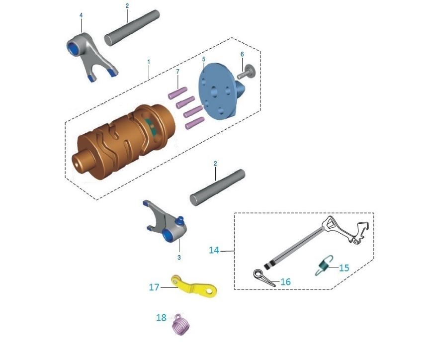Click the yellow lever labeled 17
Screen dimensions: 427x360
click(x=194, y=287)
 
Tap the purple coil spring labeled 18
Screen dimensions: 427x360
click(x=181, y=325)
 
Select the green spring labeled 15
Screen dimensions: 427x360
click(x=324, y=265)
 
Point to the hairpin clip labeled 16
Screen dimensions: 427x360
click(x=264, y=278)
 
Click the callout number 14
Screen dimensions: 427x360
click(x=214, y=250)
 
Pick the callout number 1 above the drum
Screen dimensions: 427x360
click(x=149, y=62)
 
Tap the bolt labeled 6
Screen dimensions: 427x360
click(x=246, y=72)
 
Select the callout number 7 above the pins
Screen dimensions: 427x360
click(x=178, y=71)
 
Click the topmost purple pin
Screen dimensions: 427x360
click(x=177, y=93)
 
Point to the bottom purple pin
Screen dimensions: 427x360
click(x=195, y=123)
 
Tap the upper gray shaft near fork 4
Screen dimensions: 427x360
click(x=132, y=28)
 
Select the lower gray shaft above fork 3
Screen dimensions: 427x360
click(x=217, y=187)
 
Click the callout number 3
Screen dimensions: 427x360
click(x=179, y=258)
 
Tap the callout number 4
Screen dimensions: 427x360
click(x=81, y=15)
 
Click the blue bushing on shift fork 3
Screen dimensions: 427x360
click(x=167, y=235)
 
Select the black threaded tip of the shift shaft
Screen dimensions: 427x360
click(x=268, y=266)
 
